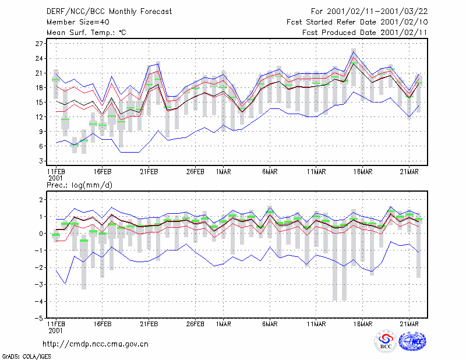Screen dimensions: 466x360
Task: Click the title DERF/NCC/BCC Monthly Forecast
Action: tap(109, 12)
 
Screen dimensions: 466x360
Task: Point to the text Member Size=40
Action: tap(78, 22)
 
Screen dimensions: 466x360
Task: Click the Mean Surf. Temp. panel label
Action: tap(86, 33)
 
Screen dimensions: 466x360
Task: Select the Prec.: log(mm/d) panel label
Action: tap(79, 185)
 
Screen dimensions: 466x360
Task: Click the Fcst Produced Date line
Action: tap(365, 33)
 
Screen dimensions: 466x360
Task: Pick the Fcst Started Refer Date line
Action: tap(357, 22)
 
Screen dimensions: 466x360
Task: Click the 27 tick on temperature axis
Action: tap(39, 44)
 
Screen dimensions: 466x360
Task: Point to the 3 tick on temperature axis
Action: tap(41, 161)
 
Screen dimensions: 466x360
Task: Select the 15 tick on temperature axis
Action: tap(39, 103)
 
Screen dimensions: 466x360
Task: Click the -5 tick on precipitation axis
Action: tap(38, 319)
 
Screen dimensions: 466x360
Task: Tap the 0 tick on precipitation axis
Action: tap(41, 234)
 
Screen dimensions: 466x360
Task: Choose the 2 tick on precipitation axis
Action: tap(41, 200)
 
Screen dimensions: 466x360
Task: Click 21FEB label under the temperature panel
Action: tap(149, 172)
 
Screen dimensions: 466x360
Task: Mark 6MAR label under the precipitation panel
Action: tap(270, 324)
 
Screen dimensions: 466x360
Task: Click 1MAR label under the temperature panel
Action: tap(223, 172)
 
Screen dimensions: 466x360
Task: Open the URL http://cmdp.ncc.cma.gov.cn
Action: tap(96, 344)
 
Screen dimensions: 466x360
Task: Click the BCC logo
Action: tap(385, 341)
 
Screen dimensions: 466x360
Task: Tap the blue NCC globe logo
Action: tap(412, 341)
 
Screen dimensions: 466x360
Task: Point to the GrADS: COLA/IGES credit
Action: tap(26, 357)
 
